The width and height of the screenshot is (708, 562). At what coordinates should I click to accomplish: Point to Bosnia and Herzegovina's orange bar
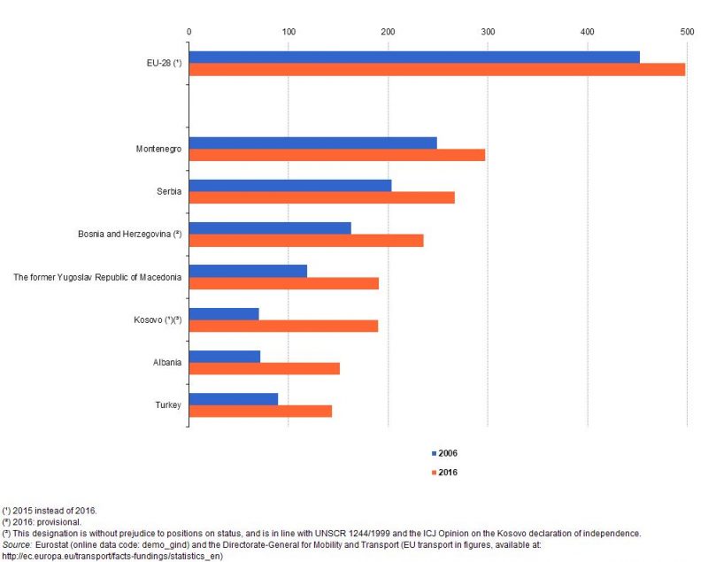click(x=305, y=240)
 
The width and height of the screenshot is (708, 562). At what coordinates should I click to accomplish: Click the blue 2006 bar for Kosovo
click(x=223, y=313)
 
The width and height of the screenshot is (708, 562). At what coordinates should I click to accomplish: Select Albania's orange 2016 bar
click(x=264, y=368)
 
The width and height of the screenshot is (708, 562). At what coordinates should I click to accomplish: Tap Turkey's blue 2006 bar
click(x=233, y=398)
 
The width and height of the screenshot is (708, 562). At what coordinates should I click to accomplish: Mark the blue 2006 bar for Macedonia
click(x=248, y=271)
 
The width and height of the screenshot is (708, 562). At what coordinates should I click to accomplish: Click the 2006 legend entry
click(x=445, y=453)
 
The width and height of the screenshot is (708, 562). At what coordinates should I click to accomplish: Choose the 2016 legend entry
click(x=445, y=472)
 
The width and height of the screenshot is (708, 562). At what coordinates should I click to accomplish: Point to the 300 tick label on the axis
click(x=488, y=32)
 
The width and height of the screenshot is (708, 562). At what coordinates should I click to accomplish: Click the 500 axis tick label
click(x=687, y=32)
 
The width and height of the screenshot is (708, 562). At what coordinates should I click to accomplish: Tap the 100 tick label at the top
click(x=289, y=32)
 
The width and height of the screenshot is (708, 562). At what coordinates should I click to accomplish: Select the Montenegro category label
click(x=158, y=149)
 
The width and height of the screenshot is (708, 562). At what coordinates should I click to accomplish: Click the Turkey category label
click(x=168, y=404)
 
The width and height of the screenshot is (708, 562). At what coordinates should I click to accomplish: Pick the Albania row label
click(x=166, y=362)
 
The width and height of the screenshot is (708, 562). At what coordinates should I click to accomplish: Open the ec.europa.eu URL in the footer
click(x=112, y=557)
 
